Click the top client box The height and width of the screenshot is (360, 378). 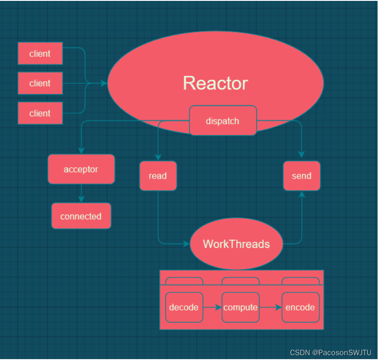[40, 53]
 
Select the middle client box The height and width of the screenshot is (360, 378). [40, 83]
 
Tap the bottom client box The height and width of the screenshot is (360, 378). [40, 113]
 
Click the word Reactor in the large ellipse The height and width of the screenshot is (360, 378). [215, 83]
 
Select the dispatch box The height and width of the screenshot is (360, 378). [223, 121]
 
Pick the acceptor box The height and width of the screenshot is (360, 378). [81, 169]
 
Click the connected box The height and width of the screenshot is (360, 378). [81, 216]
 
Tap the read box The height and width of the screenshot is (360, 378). [158, 176]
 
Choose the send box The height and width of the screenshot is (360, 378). [301, 176]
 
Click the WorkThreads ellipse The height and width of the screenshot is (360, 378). [236, 244]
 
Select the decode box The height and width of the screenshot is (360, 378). [184, 307]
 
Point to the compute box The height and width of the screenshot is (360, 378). [240, 307]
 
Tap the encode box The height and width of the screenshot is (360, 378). [300, 307]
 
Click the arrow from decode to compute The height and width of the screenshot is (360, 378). [213, 307]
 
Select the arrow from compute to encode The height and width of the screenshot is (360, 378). [270, 307]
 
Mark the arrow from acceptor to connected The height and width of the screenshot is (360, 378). [81, 193]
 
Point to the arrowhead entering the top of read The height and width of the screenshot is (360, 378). [158, 158]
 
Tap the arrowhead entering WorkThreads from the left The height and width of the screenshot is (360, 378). [186, 244]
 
